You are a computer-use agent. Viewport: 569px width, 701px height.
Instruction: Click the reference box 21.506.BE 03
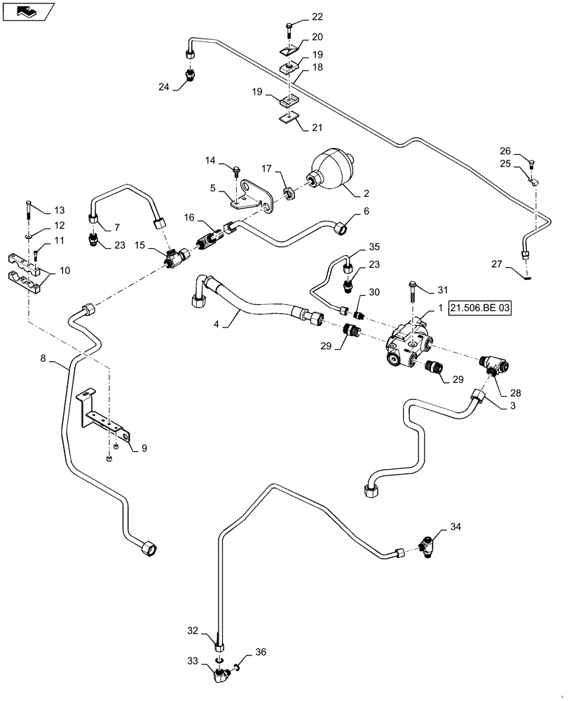(x=484, y=310)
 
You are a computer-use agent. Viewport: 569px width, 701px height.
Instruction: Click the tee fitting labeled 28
(x=495, y=367)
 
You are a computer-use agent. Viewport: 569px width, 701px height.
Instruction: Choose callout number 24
(x=163, y=88)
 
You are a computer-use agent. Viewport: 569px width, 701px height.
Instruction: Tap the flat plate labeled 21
(x=286, y=118)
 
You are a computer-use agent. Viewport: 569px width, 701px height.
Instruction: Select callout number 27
(x=496, y=264)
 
